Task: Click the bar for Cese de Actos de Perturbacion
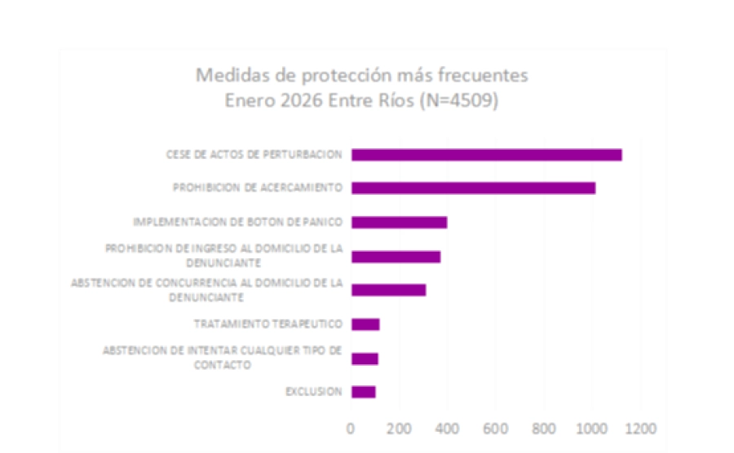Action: [486, 155]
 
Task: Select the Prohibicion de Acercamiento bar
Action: [473, 188]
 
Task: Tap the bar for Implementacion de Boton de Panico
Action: [399, 222]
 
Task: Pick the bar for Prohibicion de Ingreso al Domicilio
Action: [396, 257]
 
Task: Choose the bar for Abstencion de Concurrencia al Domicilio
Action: [388, 290]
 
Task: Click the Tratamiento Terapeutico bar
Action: [365, 324]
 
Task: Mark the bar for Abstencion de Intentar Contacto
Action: [365, 358]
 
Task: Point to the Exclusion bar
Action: [363, 392]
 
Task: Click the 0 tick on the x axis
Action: [351, 428]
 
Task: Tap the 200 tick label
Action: [399, 428]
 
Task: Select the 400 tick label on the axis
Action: [447, 428]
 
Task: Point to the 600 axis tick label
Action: [495, 428]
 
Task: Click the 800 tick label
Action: [544, 428]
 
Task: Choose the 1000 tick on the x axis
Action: [591, 428]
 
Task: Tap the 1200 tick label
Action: [639, 428]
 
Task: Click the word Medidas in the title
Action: [228, 76]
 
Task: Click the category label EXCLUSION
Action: [314, 392]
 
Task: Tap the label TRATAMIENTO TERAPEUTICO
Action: [268, 324]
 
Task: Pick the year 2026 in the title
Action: [303, 103]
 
